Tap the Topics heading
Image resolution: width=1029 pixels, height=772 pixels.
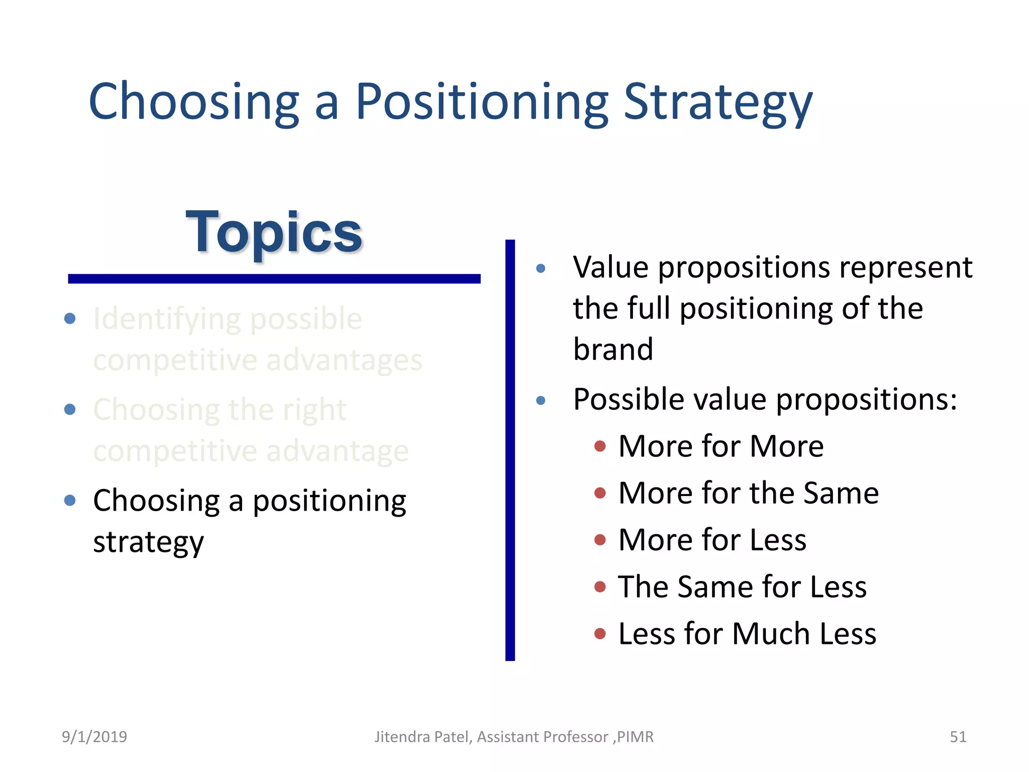(274, 232)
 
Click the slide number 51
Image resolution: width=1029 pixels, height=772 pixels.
(958, 737)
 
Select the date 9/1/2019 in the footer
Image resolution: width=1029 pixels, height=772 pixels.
(94, 737)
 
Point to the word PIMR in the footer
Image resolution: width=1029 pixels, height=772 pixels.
(635, 737)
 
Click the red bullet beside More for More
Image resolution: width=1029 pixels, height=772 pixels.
(599, 446)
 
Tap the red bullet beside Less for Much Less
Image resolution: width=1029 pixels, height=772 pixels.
(599, 633)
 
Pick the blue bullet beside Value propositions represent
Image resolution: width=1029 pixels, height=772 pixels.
(541, 268)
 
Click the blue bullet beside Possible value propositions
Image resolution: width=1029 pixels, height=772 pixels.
(541, 401)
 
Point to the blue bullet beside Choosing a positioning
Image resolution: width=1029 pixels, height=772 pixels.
(70, 500)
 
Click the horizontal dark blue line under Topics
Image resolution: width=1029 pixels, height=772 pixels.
(274, 279)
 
